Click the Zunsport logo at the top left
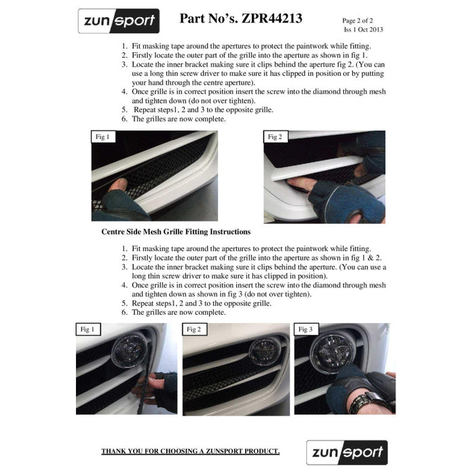coord(118,21)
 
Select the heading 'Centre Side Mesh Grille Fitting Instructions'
coord(176,231)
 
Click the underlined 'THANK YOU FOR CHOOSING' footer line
coord(190,451)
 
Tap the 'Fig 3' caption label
coord(305,329)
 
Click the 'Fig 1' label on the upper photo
coord(102,137)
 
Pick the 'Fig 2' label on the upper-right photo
coord(275,137)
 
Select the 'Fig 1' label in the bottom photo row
coord(87,329)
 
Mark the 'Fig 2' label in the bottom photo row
coord(193,329)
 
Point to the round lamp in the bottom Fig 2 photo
coord(261,350)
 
